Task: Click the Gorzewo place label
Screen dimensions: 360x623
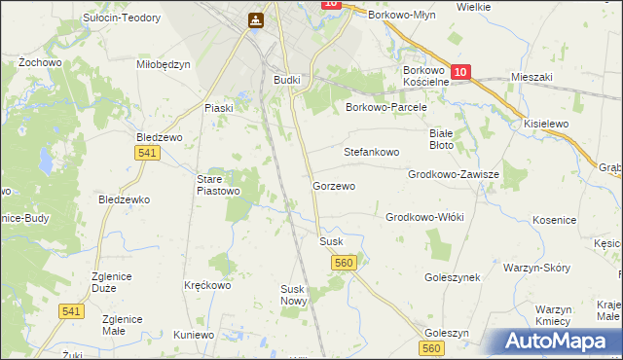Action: click(333, 185)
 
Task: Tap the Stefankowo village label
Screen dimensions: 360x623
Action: click(372, 153)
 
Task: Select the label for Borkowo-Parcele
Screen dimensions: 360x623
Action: click(386, 107)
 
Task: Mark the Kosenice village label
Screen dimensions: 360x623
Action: click(556, 221)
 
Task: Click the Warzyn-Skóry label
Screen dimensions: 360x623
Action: click(536, 267)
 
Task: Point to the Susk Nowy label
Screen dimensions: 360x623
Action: click(294, 295)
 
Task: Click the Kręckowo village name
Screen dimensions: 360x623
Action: click(207, 286)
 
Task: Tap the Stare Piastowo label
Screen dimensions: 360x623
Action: click(218, 185)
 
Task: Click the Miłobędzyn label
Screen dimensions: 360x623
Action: click(164, 63)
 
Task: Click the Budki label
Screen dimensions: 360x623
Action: click(288, 80)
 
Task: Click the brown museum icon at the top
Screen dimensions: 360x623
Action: click(255, 19)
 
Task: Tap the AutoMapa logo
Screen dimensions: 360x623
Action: click(555, 341)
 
